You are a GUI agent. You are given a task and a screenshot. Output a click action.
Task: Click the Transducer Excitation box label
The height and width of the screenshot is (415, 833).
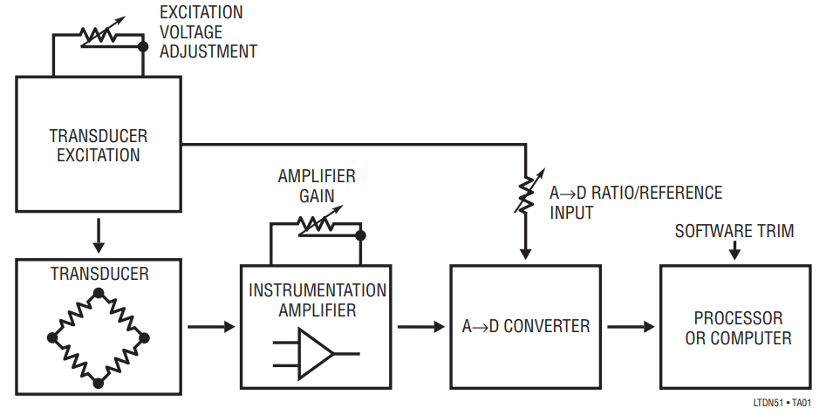(x=98, y=146)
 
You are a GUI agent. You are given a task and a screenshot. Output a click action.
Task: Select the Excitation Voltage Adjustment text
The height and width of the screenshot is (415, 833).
(x=208, y=32)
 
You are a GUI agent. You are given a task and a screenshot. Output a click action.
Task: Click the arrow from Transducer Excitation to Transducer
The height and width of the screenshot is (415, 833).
(x=99, y=233)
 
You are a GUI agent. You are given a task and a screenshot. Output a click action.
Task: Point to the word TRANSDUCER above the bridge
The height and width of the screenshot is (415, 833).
(x=99, y=274)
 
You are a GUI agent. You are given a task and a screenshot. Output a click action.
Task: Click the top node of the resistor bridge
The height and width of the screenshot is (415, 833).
(x=99, y=293)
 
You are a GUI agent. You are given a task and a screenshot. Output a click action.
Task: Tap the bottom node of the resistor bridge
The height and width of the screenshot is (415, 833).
(x=99, y=382)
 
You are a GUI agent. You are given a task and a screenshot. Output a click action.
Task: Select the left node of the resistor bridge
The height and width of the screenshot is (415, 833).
(x=54, y=337)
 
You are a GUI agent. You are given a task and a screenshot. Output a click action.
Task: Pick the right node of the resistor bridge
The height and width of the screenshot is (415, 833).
(x=143, y=337)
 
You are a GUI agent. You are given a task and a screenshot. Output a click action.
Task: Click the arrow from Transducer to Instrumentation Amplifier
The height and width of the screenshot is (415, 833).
(x=211, y=327)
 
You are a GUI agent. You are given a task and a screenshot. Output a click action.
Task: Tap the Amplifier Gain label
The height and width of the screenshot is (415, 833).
(x=317, y=187)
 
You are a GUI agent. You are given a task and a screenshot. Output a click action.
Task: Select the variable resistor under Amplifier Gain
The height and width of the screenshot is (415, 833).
(x=316, y=225)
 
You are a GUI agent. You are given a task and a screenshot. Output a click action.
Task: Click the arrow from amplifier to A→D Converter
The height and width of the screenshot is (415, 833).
(x=420, y=327)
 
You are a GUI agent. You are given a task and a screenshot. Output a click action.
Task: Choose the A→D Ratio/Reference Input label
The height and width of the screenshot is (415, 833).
(x=635, y=202)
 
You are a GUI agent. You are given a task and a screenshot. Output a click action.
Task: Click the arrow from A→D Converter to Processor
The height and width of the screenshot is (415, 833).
(x=630, y=327)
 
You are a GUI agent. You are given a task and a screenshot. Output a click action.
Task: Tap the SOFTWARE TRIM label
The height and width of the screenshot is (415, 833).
(x=734, y=231)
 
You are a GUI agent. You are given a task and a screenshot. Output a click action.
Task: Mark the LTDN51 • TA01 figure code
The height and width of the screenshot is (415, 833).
(x=782, y=403)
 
